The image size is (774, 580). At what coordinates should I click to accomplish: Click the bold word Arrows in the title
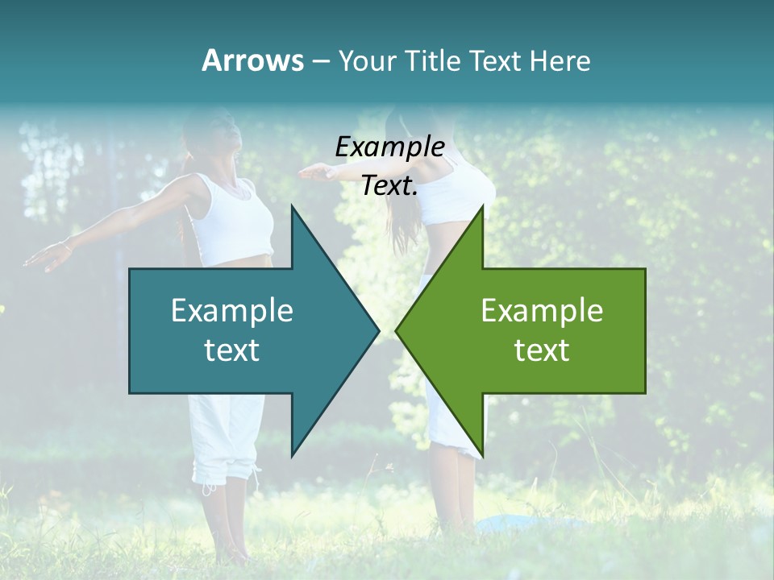pyautogui.click(x=252, y=60)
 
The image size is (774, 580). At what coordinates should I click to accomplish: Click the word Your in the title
pyautogui.click(x=368, y=61)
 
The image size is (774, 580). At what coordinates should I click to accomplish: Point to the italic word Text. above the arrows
pyautogui.click(x=389, y=186)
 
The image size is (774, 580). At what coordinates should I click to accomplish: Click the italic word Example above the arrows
pyautogui.click(x=389, y=147)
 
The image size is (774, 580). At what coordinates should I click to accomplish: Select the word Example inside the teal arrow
pyautogui.click(x=232, y=311)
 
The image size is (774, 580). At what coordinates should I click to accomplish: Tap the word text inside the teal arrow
pyautogui.click(x=232, y=350)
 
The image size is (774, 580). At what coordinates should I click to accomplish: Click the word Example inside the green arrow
pyautogui.click(x=542, y=311)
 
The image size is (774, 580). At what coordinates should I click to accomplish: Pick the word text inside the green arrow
pyautogui.click(x=542, y=350)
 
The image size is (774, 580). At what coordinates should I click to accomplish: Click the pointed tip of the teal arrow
pyautogui.click(x=377, y=330)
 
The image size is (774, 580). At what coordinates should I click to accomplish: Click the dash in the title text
pyautogui.click(x=319, y=61)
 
